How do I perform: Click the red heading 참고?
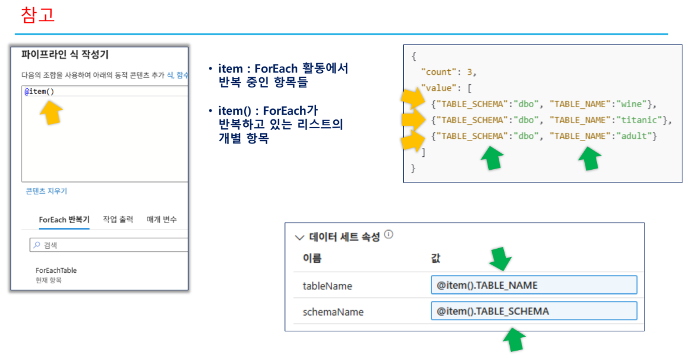(38, 15)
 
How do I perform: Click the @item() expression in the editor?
(40, 91)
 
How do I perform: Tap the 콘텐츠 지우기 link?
(46, 191)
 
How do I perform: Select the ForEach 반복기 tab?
(64, 220)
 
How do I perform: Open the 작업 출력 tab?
(118, 220)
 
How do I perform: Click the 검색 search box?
(108, 245)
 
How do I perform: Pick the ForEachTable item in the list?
(56, 270)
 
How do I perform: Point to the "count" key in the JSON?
(439, 72)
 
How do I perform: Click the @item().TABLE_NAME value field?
(533, 285)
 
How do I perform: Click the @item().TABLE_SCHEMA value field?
(533, 311)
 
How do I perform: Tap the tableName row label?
(327, 286)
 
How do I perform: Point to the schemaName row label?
(332, 312)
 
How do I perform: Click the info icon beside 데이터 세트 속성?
(389, 235)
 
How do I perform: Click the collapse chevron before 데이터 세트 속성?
(300, 238)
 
